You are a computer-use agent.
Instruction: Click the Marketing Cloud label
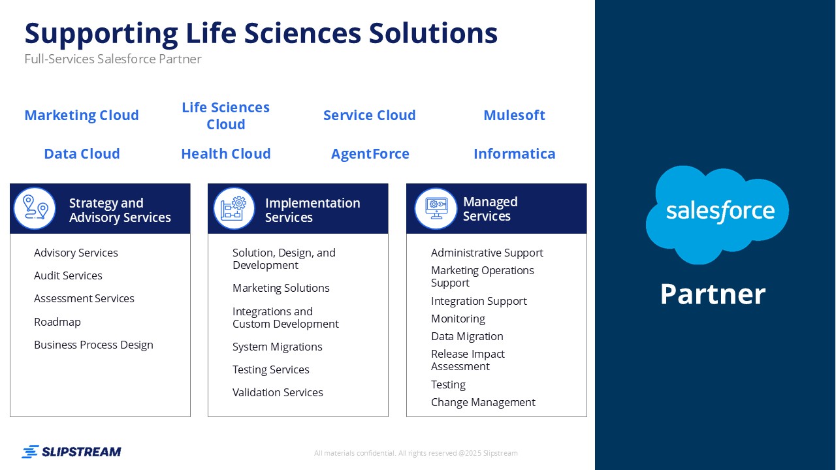82,116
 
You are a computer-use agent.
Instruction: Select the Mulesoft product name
514,116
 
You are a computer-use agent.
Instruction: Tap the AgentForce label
370,153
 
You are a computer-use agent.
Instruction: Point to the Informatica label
514,153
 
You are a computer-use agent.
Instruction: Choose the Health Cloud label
226,153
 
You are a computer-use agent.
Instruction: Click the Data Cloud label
82,153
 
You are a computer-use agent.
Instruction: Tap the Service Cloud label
369,116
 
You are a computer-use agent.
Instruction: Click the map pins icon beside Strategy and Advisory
35,208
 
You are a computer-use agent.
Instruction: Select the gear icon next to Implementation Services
234,208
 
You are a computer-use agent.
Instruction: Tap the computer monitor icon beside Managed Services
436,208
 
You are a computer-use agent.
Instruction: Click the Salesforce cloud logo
717,215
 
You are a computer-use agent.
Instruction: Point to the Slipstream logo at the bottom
71,452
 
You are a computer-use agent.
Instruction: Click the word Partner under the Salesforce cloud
713,294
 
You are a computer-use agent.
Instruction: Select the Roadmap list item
57,322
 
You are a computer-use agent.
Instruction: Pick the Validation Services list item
278,392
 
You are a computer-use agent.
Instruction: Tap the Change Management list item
483,403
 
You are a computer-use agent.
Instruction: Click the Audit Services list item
68,275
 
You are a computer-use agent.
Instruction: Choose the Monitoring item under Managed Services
458,319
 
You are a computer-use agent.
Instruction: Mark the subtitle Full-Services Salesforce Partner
113,59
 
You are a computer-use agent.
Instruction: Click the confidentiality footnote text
416,453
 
